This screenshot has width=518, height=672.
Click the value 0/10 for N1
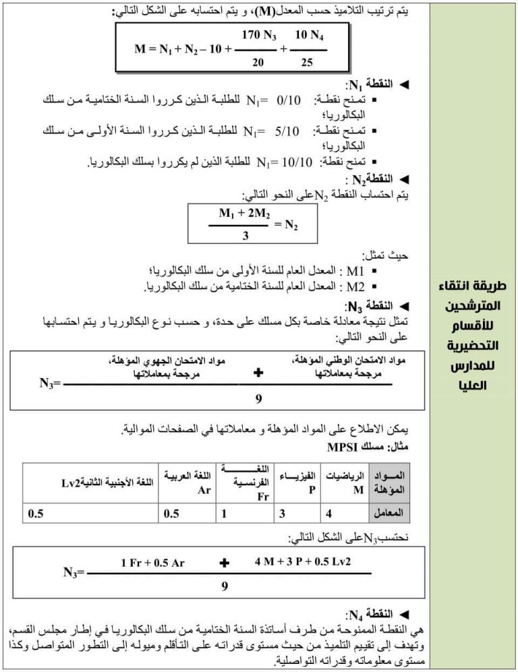(289, 101)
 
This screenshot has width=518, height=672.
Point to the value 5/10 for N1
(287, 131)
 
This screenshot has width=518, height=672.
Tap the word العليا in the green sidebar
(473, 386)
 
